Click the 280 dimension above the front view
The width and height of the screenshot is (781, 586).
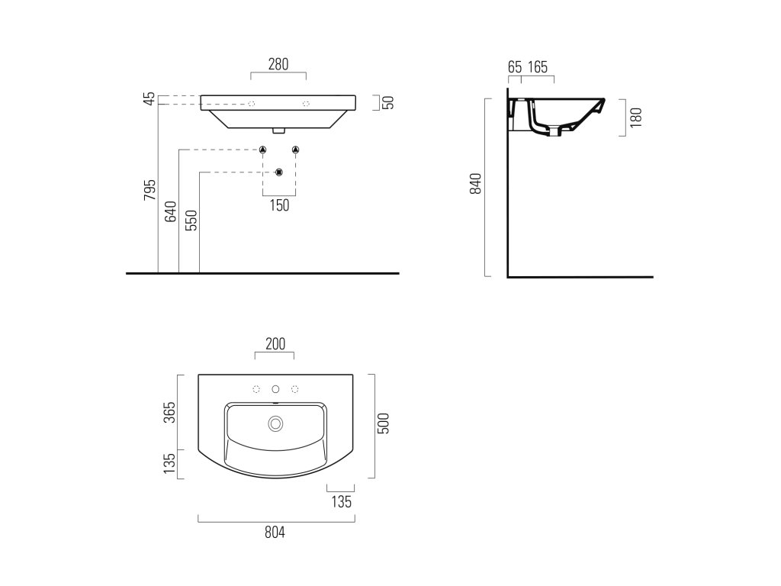(x=278, y=65)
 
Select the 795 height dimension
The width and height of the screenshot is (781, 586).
(x=150, y=190)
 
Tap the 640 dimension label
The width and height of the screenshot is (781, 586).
(x=171, y=212)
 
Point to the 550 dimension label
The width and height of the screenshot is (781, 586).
(x=191, y=221)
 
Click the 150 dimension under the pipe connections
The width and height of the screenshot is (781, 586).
(x=279, y=205)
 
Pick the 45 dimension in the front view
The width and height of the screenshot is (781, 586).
(x=150, y=98)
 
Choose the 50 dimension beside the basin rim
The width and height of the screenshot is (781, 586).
(x=387, y=102)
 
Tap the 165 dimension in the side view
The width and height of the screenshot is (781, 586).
(x=538, y=67)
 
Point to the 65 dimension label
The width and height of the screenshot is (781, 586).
(x=515, y=67)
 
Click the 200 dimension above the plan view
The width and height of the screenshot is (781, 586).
(x=275, y=344)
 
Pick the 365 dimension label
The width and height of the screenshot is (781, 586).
(x=170, y=412)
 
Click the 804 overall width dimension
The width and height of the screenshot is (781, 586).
(x=275, y=533)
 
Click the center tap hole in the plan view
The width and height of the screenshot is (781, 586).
(x=275, y=389)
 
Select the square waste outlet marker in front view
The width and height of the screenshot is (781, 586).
(x=279, y=172)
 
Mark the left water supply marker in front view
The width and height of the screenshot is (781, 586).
(x=262, y=149)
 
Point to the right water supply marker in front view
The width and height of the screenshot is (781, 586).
(x=296, y=149)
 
